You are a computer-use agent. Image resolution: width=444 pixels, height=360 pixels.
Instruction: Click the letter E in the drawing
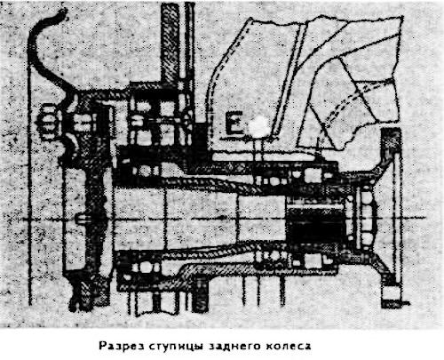point(234,124)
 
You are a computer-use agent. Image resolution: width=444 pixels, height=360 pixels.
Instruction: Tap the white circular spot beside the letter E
point(259,127)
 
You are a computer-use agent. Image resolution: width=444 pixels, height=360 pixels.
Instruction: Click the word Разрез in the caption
point(122,346)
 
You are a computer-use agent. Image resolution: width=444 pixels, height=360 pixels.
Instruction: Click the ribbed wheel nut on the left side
point(48,123)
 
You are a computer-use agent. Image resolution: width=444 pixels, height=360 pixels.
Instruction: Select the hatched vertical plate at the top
point(170,43)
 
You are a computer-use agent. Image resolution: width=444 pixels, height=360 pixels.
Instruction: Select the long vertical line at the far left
point(29,184)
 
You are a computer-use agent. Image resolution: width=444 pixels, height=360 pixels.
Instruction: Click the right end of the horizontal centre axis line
point(425,218)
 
